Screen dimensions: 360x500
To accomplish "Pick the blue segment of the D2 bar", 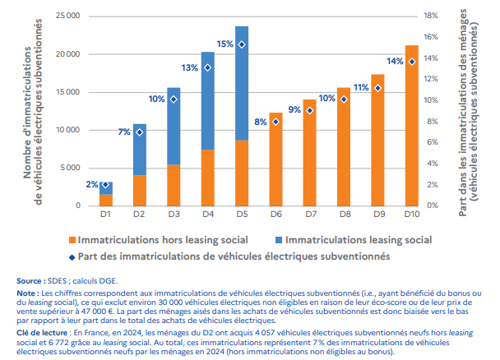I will [x=140, y=149].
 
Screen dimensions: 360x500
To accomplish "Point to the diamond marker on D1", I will [x=106, y=185].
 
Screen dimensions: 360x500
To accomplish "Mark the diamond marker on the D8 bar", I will [x=344, y=99].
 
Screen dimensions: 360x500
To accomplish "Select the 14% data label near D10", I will [x=395, y=62].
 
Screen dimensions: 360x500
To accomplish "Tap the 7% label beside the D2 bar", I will [x=124, y=132].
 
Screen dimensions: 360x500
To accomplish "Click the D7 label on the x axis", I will [x=310, y=215].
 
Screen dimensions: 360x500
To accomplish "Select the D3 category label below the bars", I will [x=174, y=215].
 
